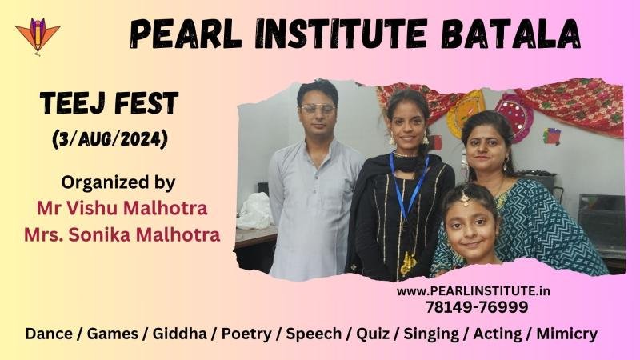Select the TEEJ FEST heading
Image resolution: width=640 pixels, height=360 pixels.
(x=110, y=103)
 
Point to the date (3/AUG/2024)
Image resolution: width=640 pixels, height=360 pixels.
(x=110, y=139)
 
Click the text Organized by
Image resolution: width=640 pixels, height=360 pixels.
(x=118, y=182)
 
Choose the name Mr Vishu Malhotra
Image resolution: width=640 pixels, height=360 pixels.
(x=122, y=208)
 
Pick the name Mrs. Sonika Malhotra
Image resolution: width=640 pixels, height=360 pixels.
(x=122, y=234)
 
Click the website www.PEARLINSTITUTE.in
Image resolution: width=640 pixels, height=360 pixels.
(x=474, y=291)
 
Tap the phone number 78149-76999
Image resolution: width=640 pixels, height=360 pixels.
(x=477, y=307)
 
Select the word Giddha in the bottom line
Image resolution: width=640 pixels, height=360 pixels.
(x=179, y=334)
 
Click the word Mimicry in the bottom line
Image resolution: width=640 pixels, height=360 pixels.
(x=567, y=334)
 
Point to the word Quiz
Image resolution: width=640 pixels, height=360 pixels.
(x=373, y=334)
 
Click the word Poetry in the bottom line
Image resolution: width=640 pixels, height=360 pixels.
(x=246, y=334)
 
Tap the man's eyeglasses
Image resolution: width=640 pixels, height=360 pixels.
(x=318, y=109)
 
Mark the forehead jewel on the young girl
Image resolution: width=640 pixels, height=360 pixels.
(x=465, y=198)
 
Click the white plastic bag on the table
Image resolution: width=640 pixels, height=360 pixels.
(x=255, y=210)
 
